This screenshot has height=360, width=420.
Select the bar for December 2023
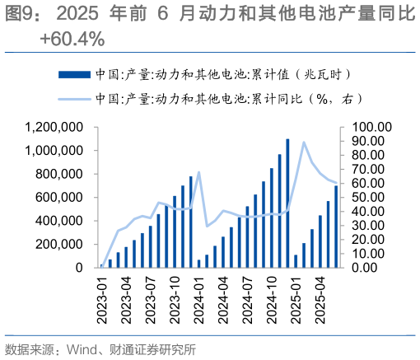[x=191, y=222]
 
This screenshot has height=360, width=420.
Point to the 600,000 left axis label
[x=61, y=198]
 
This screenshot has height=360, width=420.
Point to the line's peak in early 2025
[x=304, y=143]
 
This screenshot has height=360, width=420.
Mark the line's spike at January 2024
[x=199, y=173]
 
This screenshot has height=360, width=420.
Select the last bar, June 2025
[x=335, y=227]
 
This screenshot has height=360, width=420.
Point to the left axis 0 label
[x=79, y=268]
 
